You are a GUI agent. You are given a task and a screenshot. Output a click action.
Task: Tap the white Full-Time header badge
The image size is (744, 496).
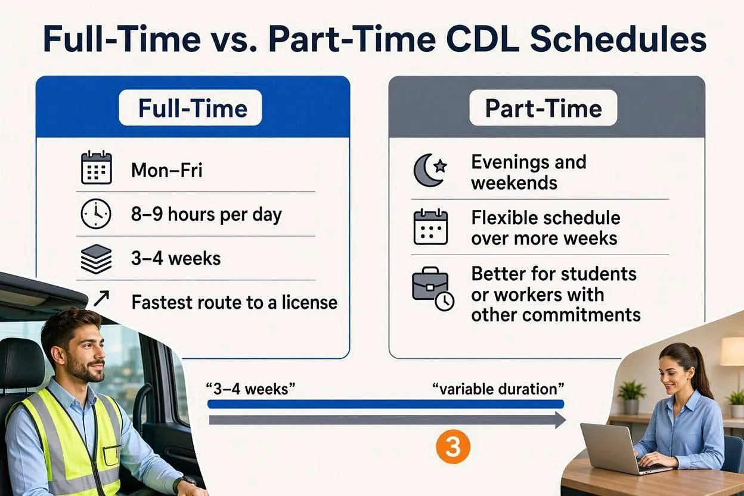pos(190,108)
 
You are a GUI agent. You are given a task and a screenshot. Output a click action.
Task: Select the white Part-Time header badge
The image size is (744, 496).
pos(543,108)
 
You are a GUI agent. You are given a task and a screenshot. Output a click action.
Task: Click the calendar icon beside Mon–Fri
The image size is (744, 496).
pos(97,168)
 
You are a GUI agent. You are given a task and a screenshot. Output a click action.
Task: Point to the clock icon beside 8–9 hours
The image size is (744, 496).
pos(96,214)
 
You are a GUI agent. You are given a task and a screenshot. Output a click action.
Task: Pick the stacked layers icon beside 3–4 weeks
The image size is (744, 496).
pos(97,259)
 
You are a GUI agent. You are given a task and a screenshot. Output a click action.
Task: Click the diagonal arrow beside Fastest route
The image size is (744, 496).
pos(101,298)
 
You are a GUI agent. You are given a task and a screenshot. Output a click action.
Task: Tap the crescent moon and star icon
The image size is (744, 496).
pos(430,170)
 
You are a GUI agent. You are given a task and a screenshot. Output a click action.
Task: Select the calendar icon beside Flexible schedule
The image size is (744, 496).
pos(431,227)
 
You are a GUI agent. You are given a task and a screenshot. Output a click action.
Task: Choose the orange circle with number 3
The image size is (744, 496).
pos(453,447)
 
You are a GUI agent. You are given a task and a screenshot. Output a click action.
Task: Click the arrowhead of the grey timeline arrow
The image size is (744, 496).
pos(560,420)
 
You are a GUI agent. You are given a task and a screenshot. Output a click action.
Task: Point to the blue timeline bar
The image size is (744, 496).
pos(386,404)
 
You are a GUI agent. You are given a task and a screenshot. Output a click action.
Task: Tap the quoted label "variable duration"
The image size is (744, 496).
pos(498,389)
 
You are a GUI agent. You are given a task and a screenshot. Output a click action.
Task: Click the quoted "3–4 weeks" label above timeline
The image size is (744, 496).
pos(250,389)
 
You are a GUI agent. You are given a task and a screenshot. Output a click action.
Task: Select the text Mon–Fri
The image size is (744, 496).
pos(167,170)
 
